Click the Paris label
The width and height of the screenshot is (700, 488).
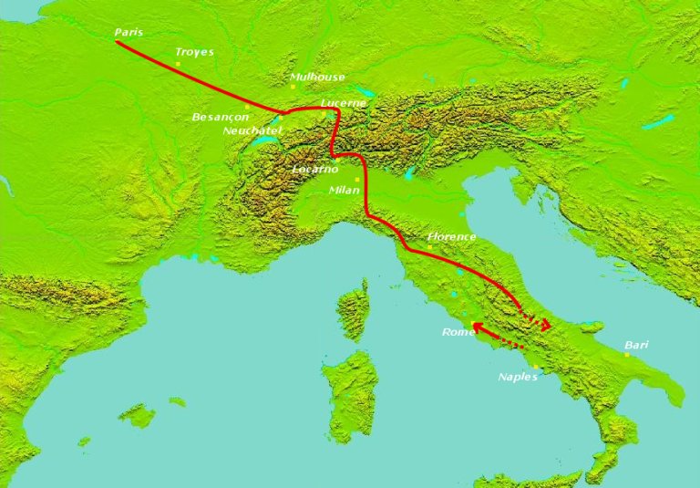128,33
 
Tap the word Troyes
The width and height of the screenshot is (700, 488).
194,52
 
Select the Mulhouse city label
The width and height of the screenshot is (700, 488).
317,78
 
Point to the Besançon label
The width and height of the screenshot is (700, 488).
220,118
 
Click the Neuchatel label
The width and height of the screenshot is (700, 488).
252,130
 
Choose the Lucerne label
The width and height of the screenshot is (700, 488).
344,103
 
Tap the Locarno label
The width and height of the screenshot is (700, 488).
314,170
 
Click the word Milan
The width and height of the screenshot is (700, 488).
344,191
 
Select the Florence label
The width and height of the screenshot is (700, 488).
452,237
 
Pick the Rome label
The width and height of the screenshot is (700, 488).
457,332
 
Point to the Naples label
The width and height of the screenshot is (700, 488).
519,376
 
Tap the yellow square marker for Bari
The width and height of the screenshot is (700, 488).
627,355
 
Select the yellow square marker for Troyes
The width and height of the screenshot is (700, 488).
178,64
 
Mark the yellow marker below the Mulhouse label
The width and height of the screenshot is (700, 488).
293,87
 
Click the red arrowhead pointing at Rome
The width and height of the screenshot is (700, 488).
476,327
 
